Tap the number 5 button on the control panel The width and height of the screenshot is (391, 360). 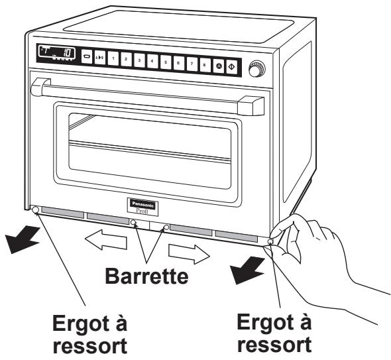click(166, 62)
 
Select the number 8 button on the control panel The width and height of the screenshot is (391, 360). click(205, 65)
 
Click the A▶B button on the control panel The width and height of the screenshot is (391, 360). click(100, 58)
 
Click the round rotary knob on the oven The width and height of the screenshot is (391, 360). click(257, 68)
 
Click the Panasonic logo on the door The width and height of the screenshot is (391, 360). click(143, 204)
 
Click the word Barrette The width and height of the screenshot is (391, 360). click(146, 276)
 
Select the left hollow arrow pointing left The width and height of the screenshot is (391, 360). click(106, 239)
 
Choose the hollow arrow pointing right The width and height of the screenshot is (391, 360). click(189, 254)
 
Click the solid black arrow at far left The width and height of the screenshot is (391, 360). click(22, 239)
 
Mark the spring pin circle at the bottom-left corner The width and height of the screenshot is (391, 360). click(35, 210)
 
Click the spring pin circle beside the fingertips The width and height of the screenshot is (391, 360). click(270, 241)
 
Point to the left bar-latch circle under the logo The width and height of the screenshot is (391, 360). click(134, 222)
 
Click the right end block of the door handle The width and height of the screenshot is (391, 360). click(251, 105)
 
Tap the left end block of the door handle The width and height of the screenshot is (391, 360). click(40, 87)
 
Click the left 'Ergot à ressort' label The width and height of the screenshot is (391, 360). click(90, 334)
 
